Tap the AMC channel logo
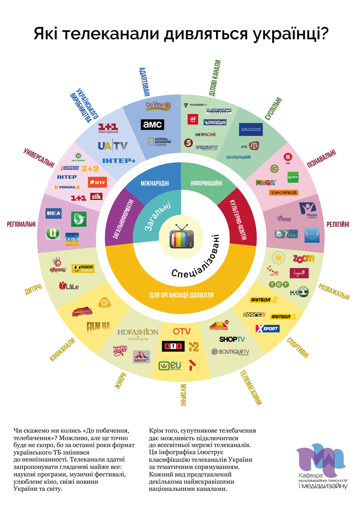pos(153,125)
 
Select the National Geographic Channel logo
pos(160,142)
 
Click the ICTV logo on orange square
pos(97,182)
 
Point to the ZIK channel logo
pos(96,196)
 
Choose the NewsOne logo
pos(206,134)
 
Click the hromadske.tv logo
pos(195,105)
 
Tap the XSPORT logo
pos(268,329)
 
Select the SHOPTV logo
pos(232,339)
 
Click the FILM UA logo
pos(98,326)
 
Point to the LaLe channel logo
pos(69,286)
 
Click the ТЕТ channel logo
pos(279,284)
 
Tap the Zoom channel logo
pos(304,258)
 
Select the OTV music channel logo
pos(182,331)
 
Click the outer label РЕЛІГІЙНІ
pos(338,224)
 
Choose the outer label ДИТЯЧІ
pos(33,289)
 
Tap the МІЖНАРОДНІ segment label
pos(155,183)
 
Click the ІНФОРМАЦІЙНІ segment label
pos(206,183)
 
